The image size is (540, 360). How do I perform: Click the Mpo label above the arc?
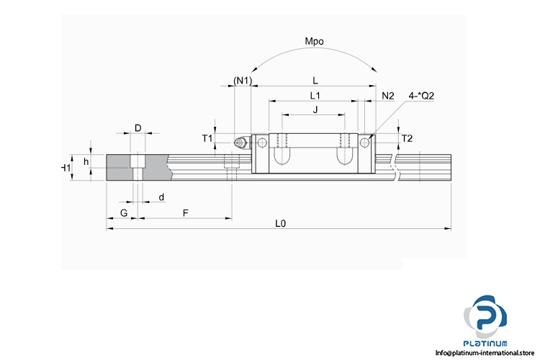315,42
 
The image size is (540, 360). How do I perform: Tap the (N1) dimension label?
243,81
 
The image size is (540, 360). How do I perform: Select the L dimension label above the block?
315,81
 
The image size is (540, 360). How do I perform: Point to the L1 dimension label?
315,95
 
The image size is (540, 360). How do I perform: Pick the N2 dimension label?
388,95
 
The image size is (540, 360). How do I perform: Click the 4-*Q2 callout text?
421,95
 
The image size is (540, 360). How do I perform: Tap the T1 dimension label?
207,138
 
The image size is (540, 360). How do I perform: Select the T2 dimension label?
407,138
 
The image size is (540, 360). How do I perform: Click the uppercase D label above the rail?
138,128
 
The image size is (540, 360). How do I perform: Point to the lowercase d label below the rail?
161,197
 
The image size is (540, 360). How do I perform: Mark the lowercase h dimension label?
86,162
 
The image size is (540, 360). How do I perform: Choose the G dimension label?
124,213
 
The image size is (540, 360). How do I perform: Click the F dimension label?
186,213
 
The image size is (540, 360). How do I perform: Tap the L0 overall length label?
281,224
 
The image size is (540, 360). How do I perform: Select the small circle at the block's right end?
365,143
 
